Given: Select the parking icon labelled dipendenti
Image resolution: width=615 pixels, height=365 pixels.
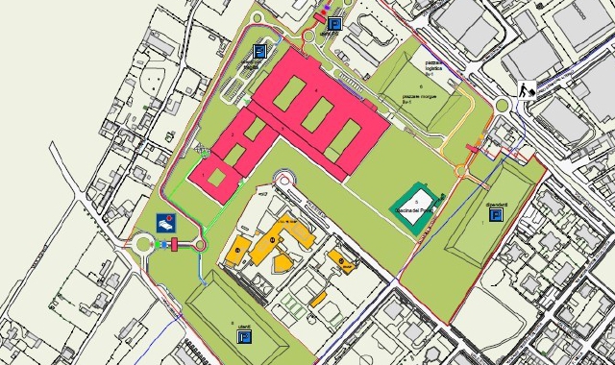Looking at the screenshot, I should click(496, 216).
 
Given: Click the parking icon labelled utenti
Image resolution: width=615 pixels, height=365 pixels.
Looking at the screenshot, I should click(244, 337).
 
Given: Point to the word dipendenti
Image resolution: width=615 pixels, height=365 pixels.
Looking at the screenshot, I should click(496, 204).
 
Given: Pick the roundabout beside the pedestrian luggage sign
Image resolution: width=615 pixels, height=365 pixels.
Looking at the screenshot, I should click(502, 107).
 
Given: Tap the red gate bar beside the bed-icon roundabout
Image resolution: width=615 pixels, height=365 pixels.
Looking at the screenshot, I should click(175, 244).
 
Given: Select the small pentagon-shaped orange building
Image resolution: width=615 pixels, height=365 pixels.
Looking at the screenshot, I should click(283, 263).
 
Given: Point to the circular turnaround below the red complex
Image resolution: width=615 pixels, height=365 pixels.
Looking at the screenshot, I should click(285, 179).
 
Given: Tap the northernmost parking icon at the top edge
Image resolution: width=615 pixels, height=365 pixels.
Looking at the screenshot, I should click(334, 24).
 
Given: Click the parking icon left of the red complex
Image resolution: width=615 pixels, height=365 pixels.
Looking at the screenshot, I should click(258, 51).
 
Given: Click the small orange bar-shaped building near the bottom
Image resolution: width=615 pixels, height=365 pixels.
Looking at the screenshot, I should click(318, 298).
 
